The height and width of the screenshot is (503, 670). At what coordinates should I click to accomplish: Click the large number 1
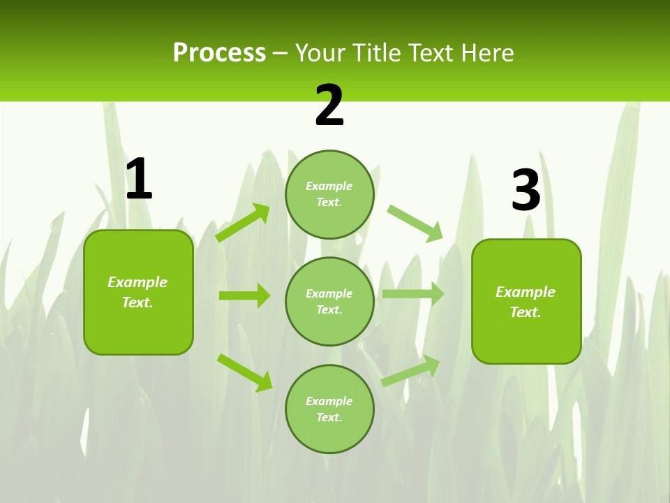(x=139, y=180)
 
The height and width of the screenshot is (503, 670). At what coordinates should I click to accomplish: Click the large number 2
(x=329, y=106)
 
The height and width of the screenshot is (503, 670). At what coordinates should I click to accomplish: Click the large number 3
(x=526, y=191)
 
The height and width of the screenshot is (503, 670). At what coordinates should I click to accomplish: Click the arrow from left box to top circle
(x=243, y=223)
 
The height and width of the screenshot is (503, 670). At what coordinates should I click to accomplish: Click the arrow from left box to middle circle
(x=244, y=296)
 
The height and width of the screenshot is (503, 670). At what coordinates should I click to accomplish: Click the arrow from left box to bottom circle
(x=244, y=372)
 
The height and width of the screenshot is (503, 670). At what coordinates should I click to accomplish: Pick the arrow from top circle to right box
(x=415, y=223)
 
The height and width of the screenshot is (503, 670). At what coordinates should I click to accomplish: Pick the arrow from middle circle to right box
(x=413, y=294)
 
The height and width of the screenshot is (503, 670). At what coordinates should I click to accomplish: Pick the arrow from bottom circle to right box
(x=410, y=371)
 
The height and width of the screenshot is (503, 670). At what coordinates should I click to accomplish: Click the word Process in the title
(x=219, y=53)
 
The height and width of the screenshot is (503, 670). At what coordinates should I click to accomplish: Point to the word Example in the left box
(x=137, y=282)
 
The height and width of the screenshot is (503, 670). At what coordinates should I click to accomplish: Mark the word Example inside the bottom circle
(x=329, y=401)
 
